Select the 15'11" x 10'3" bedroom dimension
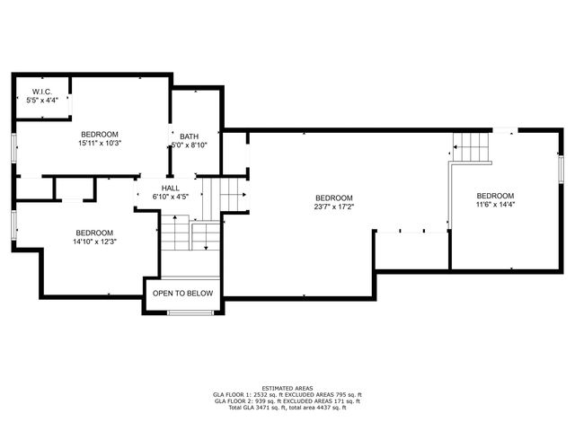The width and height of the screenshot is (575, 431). (x=100, y=142)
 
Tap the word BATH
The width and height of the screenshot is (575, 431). (x=189, y=136)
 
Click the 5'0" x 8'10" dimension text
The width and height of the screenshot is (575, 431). (x=189, y=145)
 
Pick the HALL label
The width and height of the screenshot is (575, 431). (x=170, y=188)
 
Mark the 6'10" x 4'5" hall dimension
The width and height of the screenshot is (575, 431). (x=170, y=197)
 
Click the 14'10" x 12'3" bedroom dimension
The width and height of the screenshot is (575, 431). (x=94, y=241)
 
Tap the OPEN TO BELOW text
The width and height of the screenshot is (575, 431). (x=182, y=294)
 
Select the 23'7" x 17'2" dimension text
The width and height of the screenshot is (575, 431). (x=333, y=207)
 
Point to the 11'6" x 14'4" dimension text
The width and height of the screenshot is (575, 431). (x=495, y=205)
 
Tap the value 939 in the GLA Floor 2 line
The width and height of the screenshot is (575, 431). (x=263, y=401)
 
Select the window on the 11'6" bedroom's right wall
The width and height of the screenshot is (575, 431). (x=561, y=170)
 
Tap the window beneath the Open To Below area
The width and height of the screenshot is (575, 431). (x=189, y=312)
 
